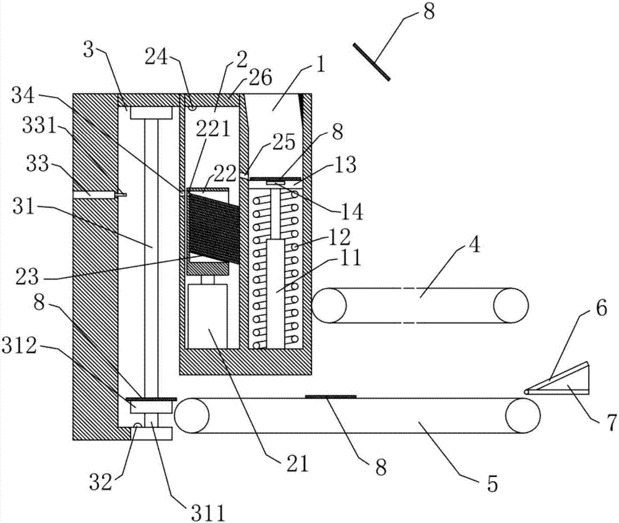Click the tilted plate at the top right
pyautogui.click(x=371, y=61)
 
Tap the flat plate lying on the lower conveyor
pyautogui.click(x=331, y=395)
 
